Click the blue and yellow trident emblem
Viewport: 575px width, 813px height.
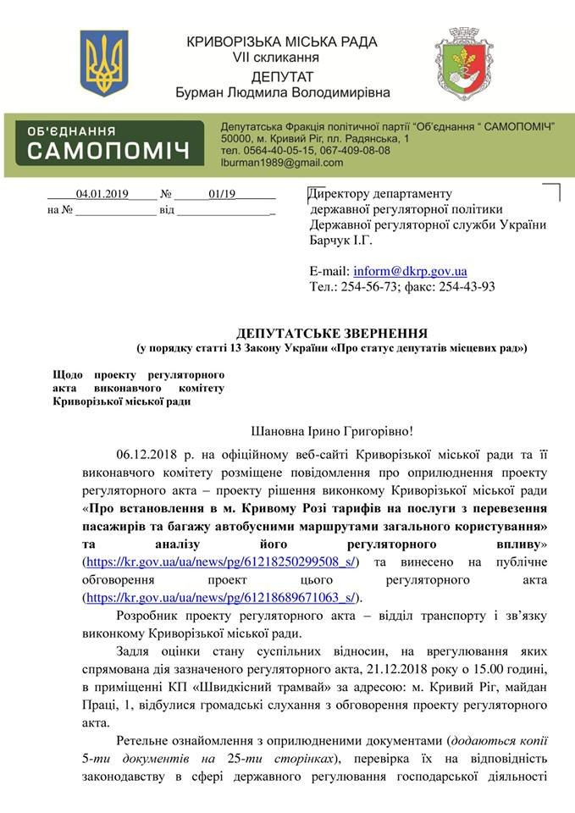pos(104,63)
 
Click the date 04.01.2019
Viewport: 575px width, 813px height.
pos(101,193)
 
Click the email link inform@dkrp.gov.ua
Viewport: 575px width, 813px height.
pos(411,271)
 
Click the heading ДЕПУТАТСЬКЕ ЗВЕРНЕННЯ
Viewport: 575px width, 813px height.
pos(332,333)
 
